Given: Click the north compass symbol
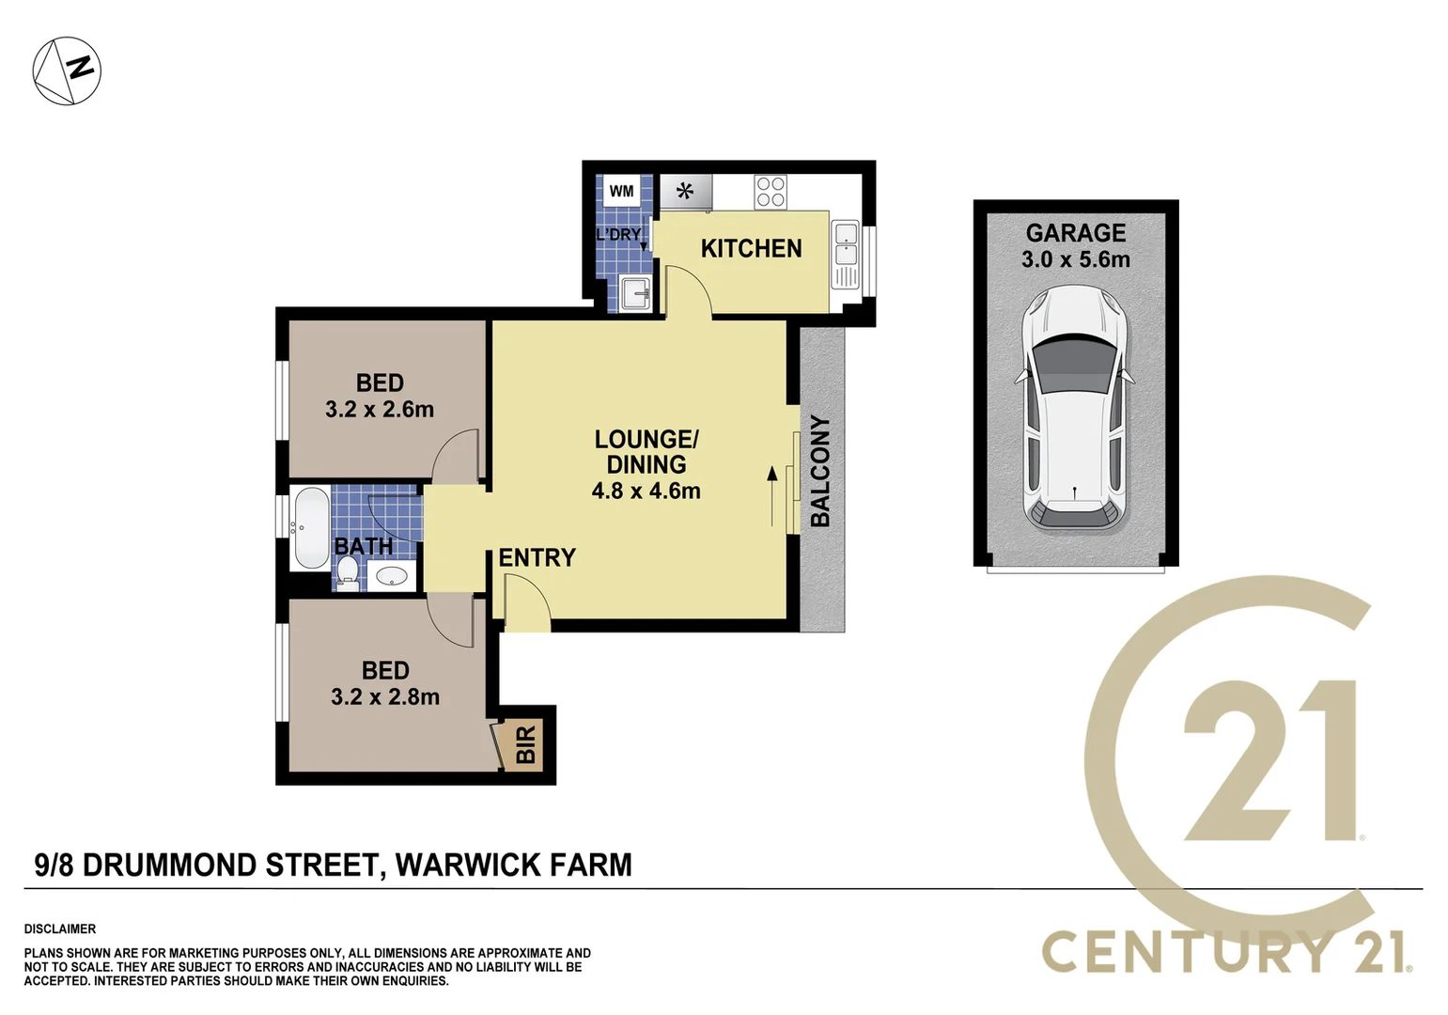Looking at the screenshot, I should [67, 70].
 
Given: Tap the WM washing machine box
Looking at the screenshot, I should [621, 192].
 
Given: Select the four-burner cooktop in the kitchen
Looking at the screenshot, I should [771, 192].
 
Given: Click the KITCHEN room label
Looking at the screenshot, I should [751, 248].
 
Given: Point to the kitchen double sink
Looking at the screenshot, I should [845, 242].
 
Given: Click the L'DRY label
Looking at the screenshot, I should [618, 234].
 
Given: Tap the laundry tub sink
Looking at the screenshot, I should [636, 294].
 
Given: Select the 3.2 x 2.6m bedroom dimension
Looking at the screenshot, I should [380, 410].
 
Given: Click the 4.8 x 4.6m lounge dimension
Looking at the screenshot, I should [646, 491].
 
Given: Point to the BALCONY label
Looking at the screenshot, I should [820, 471].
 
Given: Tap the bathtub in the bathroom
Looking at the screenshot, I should [310, 528].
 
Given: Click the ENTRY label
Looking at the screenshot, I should [537, 557].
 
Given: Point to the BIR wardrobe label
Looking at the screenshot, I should [525, 743].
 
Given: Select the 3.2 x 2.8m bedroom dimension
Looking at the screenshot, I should [385, 697].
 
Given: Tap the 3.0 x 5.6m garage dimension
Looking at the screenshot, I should [1075, 259].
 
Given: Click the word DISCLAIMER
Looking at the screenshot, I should [60, 929].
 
